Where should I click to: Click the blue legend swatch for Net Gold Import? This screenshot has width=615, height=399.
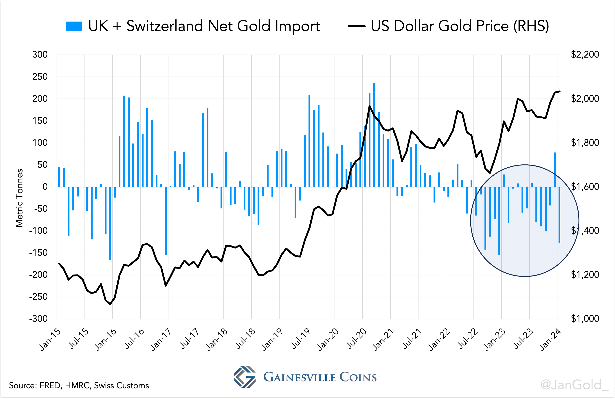point(74,26)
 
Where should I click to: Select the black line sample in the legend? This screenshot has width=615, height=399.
point(356,26)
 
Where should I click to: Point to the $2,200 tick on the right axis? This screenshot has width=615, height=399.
point(585,55)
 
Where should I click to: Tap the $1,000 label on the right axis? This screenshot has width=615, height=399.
point(585,319)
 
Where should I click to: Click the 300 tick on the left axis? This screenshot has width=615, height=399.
point(40,55)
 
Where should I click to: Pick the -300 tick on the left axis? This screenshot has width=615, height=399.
point(38,319)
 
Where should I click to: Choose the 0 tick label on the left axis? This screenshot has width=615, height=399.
point(45,187)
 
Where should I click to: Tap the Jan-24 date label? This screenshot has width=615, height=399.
point(551,339)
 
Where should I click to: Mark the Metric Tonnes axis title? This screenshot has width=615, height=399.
point(19,198)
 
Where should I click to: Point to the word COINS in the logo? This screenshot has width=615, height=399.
point(358,377)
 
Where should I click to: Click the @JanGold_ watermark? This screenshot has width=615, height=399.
point(574,385)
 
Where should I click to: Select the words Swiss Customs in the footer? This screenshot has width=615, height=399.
point(122,386)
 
